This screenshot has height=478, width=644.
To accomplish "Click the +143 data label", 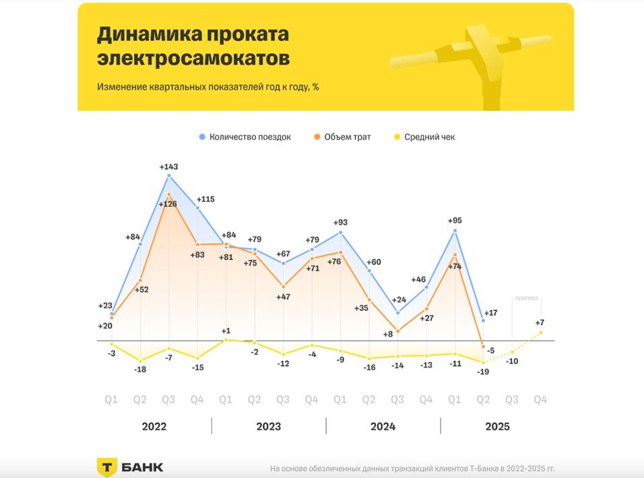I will pyautogui.click(x=168, y=166).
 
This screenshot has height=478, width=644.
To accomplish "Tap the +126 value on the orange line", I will pyautogui.click(x=168, y=204).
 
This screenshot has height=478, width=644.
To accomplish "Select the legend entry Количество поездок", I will pyautogui.click(x=249, y=137).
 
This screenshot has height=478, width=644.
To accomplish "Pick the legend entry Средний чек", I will pyautogui.click(x=429, y=137).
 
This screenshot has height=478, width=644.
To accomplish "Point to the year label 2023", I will pyautogui.click(x=269, y=426).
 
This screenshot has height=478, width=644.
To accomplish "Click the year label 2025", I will pyautogui.click(x=498, y=426).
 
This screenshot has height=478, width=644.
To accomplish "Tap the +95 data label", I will pyautogui.click(x=456, y=220).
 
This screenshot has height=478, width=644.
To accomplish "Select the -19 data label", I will pyautogui.click(x=482, y=371).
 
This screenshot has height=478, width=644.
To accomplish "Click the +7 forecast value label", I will pyautogui.click(x=540, y=322).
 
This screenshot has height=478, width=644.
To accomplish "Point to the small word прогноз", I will pyautogui.click(x=527, y=298).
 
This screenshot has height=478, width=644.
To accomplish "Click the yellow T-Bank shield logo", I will pyautogui.click(x=108, y=467).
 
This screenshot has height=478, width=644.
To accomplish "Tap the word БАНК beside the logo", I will pyautogui.click(x=143, y=467).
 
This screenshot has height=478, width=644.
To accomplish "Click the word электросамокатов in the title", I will pyautogui.click(x=193, y=59).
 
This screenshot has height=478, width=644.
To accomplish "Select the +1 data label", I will pyautogui.click(x=226, y=331).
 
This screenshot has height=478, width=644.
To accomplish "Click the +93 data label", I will pyautogui.click(x=340, y=222).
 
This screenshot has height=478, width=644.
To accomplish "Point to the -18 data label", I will pyautogui.click(x=139, y=370).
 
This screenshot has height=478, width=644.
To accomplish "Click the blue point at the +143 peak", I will pyautogui.click(x=168, y=176).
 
